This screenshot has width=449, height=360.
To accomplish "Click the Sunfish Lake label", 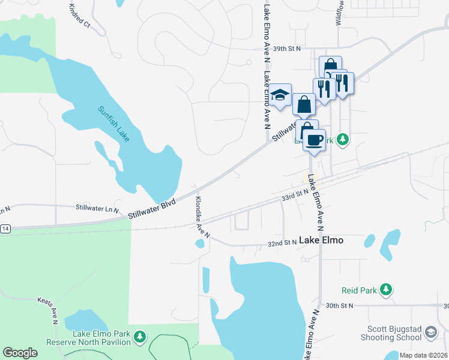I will (x=114, y=124).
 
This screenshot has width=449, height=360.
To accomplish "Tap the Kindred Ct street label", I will (x=79, y=17).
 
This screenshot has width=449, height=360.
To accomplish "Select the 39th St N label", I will (x=286, y=48).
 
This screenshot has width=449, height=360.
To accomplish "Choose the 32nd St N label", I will (x=282, y=243).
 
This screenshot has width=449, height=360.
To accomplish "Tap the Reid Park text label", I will (x=359, y=290).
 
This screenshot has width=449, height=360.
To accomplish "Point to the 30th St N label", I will (x=338, y=305).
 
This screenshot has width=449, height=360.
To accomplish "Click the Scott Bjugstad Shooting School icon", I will (x=431, y=332).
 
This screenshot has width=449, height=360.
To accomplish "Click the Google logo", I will (x=20, y=352).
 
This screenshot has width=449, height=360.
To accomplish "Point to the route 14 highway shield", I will (x=5, y=229).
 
